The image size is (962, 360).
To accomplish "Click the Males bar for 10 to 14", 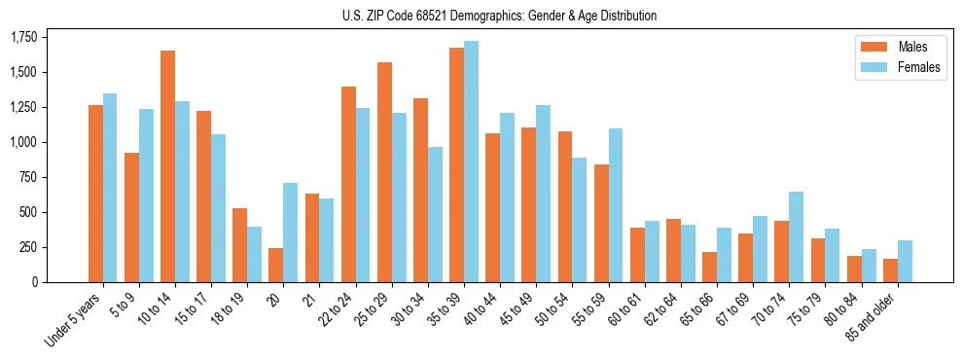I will [x=167, y=166].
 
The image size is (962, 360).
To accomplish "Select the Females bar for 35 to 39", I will [x=471, y=162].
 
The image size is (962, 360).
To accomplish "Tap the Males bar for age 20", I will [x=275, y=265].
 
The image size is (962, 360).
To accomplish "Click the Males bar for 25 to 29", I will [x=384, y=172].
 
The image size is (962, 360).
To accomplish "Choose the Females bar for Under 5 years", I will [x=110, y=188].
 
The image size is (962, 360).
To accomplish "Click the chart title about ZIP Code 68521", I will [x=499, y=16].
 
